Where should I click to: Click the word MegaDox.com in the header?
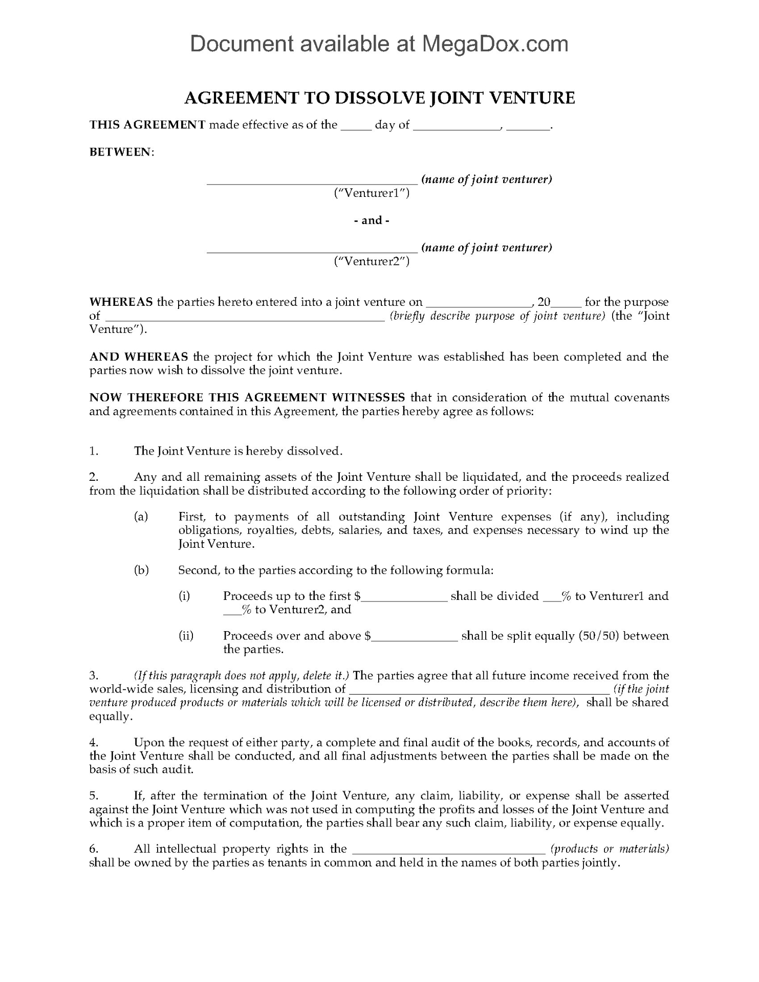(x=495, y=44)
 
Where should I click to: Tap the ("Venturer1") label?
(x=372, y=193)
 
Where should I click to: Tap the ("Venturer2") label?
(x=372, y=261)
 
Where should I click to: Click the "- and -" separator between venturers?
(x=372, y=220)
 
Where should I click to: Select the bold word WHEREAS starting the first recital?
(x=121, y=302)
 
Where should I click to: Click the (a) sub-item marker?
(x=141, y=517)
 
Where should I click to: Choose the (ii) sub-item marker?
(x=186, y=636)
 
